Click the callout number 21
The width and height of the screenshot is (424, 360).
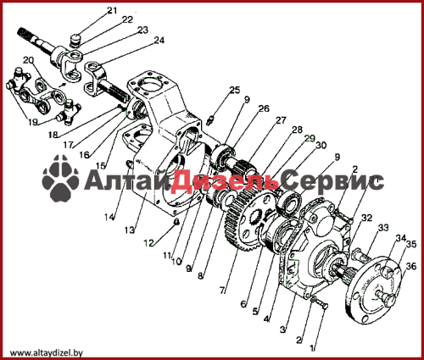[x=112, y=10]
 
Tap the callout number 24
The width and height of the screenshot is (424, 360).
[x=159, y=41]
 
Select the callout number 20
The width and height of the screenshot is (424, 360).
[x=28, y=60]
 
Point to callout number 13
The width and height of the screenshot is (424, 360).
[x=130, y=230]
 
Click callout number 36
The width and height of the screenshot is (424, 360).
[x=411, y=266]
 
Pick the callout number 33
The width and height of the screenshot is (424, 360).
[x=383, y=228]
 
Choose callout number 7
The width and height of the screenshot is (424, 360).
[x=222, y=290]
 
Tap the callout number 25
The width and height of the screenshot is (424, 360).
[x=235, y=91]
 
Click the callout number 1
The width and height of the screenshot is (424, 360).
[x=312, y=348]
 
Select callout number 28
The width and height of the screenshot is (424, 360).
[x=297, y=130]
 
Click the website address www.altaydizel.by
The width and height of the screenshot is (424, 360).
[x=47, y=352]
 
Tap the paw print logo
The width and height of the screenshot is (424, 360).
[x=60, y=178]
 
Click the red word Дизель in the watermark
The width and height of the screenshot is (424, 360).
[x=225, y=180]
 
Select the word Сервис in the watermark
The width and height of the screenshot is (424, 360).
[x=333, y=180]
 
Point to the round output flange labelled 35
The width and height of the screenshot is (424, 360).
[x=373, y=291]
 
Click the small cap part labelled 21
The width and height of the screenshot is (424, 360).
[x=75, y=38]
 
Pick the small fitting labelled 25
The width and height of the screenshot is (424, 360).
[x=211, y=119]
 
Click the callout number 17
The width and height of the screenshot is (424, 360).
[x=68, y=145]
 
